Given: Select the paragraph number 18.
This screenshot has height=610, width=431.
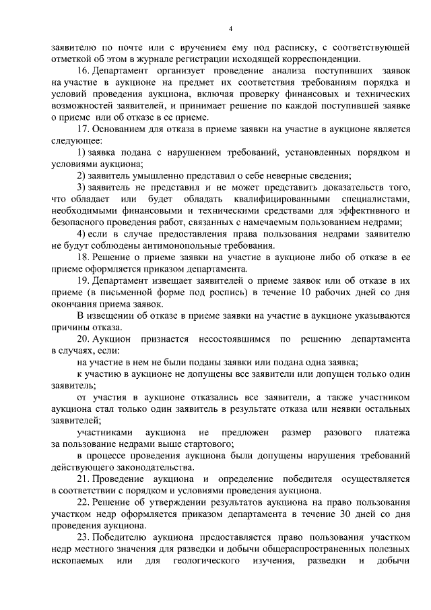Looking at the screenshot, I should click(83, 257).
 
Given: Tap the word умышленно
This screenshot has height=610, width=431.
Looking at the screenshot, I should click(154, 175).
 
